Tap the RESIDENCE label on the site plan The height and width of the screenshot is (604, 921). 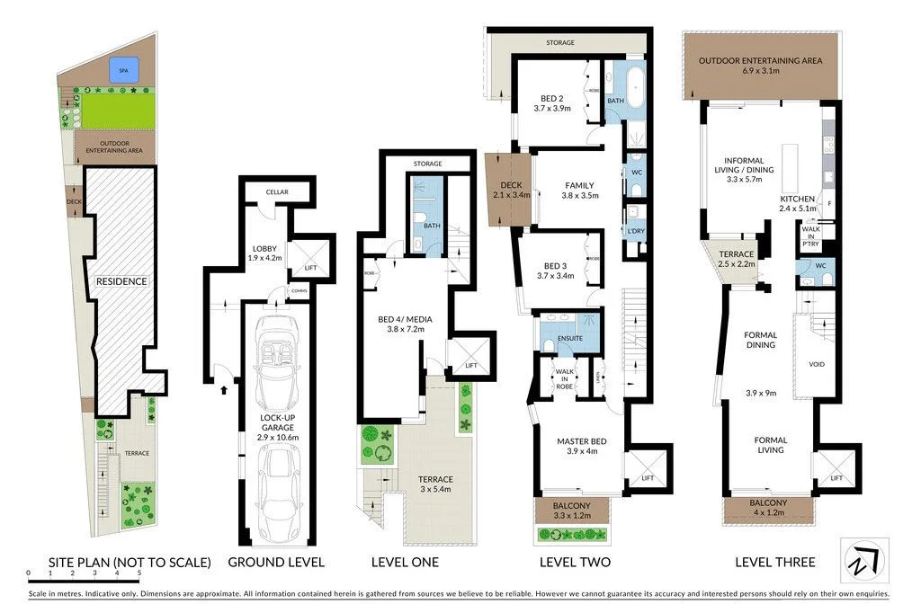click(121, 281)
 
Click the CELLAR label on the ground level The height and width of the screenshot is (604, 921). click(277, 191)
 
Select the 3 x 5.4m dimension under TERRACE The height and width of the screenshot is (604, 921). click(435, 490)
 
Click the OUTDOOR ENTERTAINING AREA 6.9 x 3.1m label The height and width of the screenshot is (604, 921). click(761, 66)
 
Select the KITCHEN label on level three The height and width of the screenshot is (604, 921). click(797, 200)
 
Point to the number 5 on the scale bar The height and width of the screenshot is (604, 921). click(139, 573)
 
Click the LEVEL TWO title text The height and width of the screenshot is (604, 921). click(575, 563)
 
